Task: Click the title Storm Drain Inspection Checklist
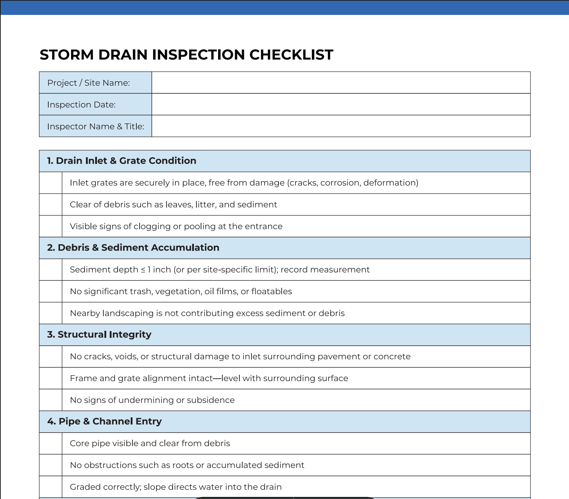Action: [x=186, y=55]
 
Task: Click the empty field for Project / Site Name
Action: [x=341, y=83]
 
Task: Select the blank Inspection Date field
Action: [x=341, y=104]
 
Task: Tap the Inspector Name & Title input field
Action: [x=341, y=126]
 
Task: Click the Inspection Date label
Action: [x=81, y=105]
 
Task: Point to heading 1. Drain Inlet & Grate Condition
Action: [x=121, y=161]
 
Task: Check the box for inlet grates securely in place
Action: [x=51, y=183]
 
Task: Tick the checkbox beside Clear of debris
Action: [x=51, y=204]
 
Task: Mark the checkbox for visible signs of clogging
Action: [x=51, y=226]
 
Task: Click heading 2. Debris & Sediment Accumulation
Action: [x=133, y=248]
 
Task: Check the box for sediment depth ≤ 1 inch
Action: [x=51, y=270]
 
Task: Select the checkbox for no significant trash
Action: [x=51, y=291]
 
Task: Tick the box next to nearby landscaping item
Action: [x=51, y=313]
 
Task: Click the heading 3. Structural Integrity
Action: [x=99, y=335]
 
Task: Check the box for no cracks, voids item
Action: [x=51, y=356]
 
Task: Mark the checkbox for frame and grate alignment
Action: [x=51, y=378]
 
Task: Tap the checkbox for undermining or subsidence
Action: [x=51, y=400]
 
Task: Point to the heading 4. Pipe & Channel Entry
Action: [x=104, y=422]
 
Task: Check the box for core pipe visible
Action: [x=51, y=443]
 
